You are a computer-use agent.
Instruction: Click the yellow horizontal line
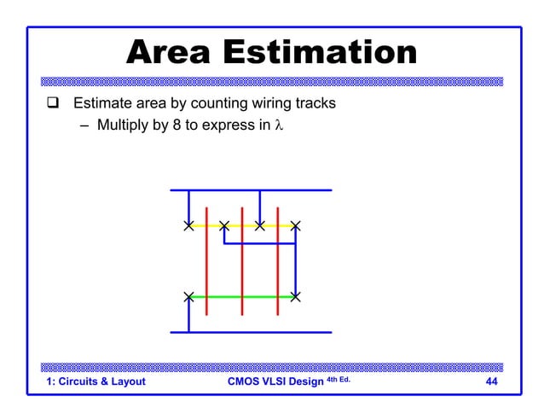click(241, 226)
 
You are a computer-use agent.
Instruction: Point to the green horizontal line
click(241, 297)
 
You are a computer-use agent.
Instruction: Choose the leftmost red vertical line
click(206, 265)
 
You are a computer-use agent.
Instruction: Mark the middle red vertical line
click(242, 265)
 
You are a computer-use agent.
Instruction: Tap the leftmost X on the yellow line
click(188, 226)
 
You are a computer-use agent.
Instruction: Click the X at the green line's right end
click(295, 297)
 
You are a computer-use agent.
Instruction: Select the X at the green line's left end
click(188, 297)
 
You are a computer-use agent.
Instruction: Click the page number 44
click(491, 382)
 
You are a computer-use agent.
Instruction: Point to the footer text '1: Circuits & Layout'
click(95, 382)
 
